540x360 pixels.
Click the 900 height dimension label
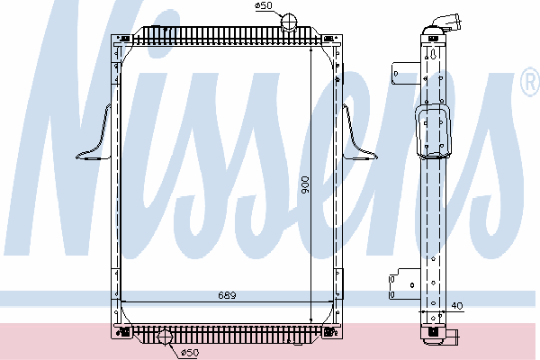305,185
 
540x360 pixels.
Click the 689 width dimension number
227,295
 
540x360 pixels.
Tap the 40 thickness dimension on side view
457,306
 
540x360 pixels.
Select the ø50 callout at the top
264,6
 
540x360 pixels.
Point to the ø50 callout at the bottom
190,353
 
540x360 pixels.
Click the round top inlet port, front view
289,22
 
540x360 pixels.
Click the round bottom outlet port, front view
165,337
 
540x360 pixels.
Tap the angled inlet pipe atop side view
446,22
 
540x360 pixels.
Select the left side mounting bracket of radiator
94,137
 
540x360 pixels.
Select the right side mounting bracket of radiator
359,137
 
